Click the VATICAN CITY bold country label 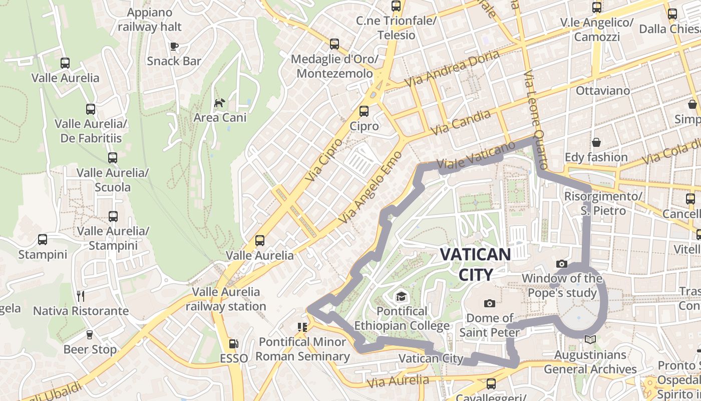475,264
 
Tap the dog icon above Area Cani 219,103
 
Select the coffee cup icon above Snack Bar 174,46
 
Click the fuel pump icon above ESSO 233,344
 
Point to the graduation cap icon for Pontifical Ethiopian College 401,297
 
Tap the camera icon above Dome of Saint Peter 490,303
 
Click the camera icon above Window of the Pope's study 562,264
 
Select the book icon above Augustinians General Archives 590,340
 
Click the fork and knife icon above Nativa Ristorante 80,296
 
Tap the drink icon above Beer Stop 90,334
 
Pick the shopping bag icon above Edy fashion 596,142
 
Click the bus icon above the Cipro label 364,111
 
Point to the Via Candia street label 461,122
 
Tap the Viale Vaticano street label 476,155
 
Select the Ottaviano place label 602,91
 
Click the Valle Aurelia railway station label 226,299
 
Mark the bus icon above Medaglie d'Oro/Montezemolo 334,44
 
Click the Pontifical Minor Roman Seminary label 302,349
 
